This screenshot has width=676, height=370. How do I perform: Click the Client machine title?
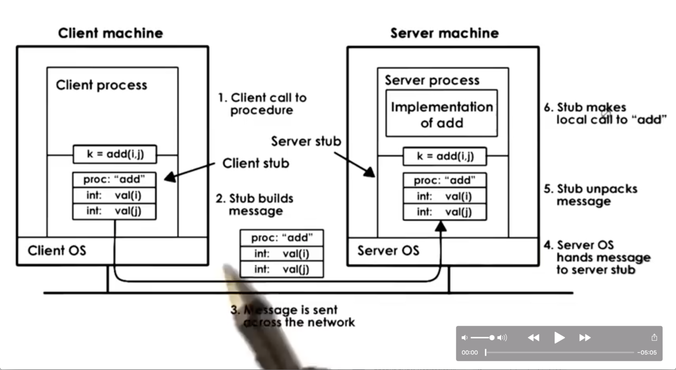point(110,33)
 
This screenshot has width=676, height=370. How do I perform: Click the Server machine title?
point(444,33)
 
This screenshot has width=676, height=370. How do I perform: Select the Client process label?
point(101,85)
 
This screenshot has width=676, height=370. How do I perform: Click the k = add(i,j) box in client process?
point(115,154)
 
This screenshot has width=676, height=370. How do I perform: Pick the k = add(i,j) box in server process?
point(445,156)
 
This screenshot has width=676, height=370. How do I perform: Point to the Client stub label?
point(255,163)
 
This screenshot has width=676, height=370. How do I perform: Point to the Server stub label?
point(306,141)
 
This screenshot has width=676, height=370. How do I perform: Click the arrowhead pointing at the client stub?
point(169,177)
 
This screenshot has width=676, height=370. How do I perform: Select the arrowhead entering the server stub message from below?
point(440,227)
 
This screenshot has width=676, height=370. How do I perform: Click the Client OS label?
point(57,250)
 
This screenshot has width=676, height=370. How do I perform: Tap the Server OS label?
point(388,250)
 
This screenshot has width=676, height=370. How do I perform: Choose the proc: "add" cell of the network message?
point(282,238)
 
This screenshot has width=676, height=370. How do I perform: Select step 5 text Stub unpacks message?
point(597,195)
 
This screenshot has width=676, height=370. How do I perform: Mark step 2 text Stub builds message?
point(255,204)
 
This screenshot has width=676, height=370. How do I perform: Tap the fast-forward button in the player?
point(585,338)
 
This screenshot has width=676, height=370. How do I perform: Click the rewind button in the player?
point(533,338)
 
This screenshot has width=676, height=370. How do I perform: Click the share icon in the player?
point(654,337)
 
